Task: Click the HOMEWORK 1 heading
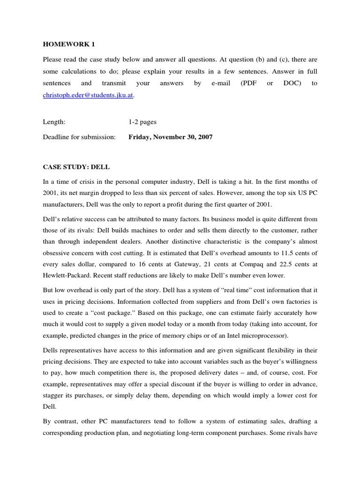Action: (68, 45)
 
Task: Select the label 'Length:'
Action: (54, 122)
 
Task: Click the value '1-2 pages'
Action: (142, 122)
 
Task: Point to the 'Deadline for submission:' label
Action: (79, 137)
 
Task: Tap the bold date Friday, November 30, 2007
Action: (170, 137)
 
